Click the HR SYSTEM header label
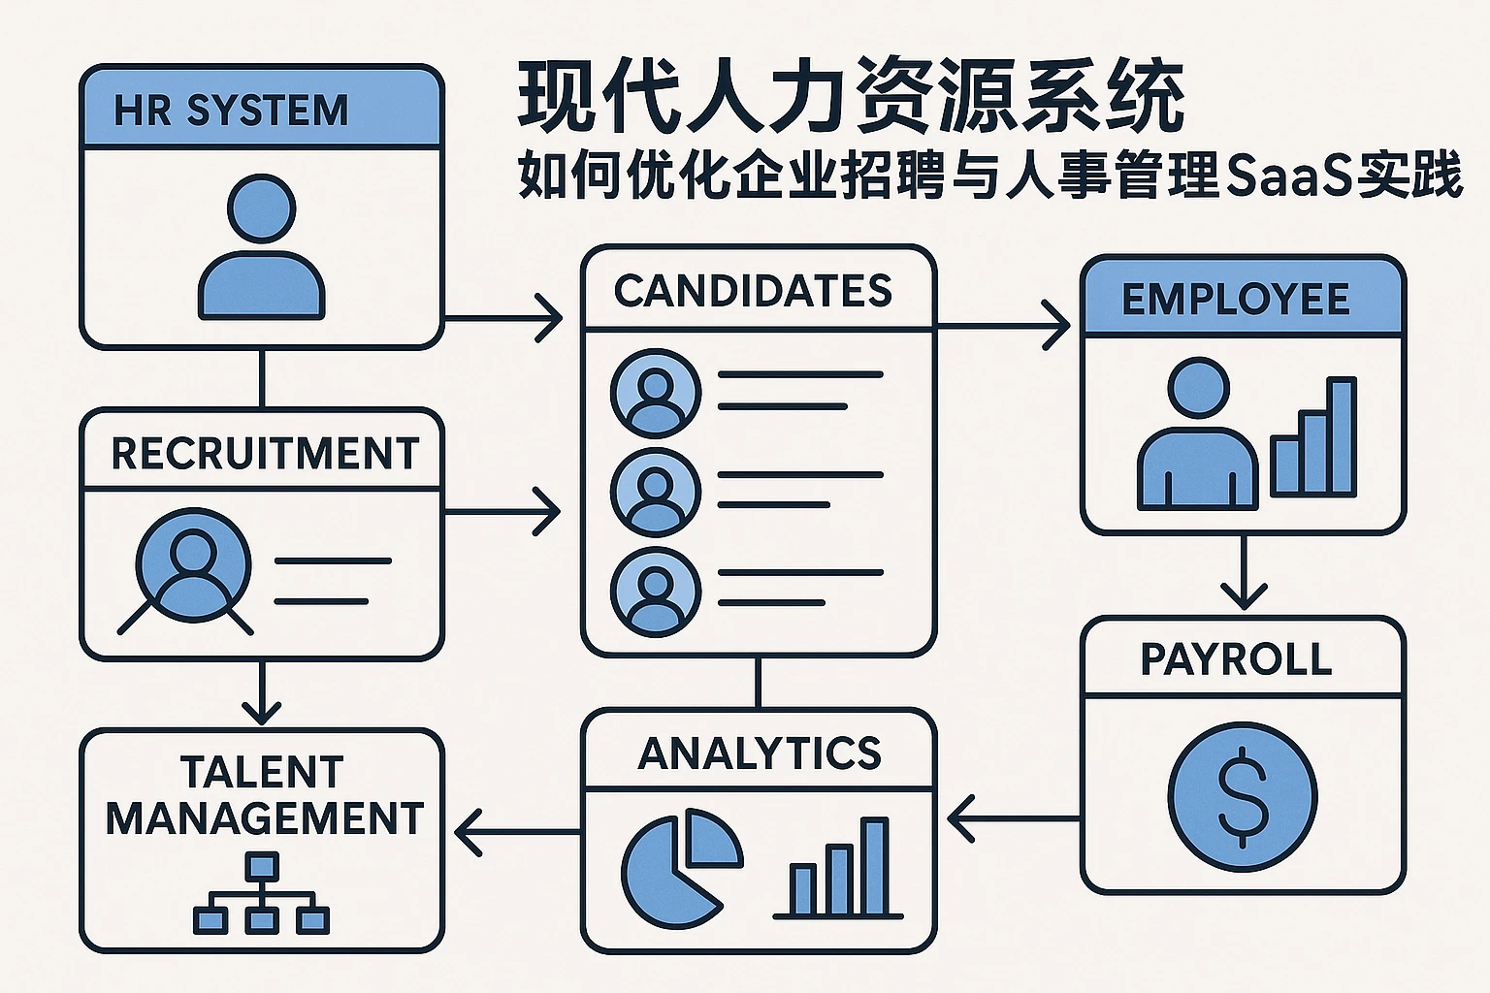231,111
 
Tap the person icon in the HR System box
261,248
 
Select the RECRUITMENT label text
264,454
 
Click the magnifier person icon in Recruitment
191,568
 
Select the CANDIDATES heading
753,291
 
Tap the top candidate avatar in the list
655,394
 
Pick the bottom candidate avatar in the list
655,592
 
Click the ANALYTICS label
759,753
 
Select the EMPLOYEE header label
1236,299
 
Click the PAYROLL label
1236,659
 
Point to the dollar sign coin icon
1242,796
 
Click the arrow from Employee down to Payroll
1243,572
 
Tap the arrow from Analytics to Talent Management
514,832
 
